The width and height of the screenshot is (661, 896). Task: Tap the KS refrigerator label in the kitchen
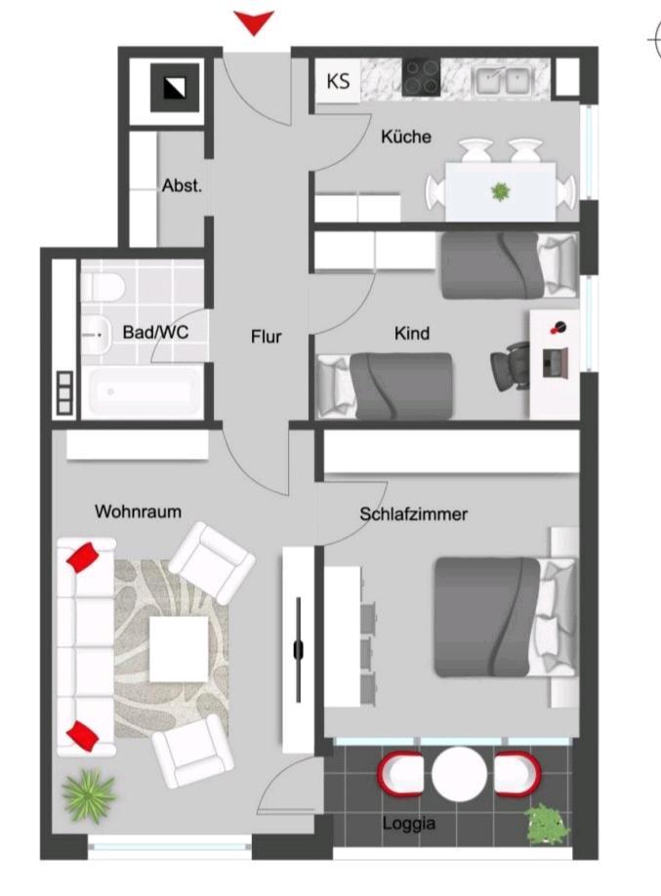pyautogui.click(x=338, y=81)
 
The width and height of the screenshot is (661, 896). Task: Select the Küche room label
pyautogui.click(x=406, y=138)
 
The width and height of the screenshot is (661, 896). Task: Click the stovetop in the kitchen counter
pyautogui.click(x=422, y=78)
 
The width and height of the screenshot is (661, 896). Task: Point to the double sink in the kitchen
pyautogui.click(x=502, y=80)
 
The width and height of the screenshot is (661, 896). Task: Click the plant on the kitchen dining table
pyautogui.click(x=501, y=190)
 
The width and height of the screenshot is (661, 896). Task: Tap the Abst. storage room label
pyautogui.click(x=182, y=185)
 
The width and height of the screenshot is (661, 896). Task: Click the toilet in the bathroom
pyautogui.click(x=102, y=285)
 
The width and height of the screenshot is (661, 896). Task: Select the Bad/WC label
pyautogui.click(x=156, y=333)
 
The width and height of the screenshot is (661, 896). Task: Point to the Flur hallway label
pyautogui.click(x=266, y=337)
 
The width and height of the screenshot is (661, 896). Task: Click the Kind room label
pyautogui.click(x=411, y=334)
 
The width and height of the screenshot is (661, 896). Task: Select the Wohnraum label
pyautogui.click(x=138, y=511)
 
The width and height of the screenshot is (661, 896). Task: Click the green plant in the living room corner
pyautogui.click(x=89, y=794)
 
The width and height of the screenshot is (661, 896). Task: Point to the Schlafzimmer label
pyautogui.click(x=413, y=514)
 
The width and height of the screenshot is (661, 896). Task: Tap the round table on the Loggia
pyautogui.click(x=459, y=774)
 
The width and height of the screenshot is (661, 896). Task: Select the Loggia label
pyautogui.click(x=409, y=824)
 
